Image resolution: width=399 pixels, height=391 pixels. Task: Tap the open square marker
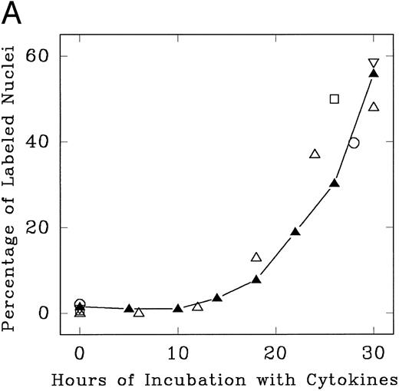[x=335, y=98]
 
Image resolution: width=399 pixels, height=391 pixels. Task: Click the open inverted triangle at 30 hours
[x=374, y=64]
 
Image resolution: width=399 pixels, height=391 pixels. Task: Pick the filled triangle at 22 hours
[x=295, y=231]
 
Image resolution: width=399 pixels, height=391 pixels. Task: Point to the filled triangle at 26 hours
[x=335, y=183]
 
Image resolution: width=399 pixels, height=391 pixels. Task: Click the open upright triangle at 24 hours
[x=315, y=154]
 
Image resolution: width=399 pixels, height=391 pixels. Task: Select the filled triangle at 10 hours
[x=178, y=308]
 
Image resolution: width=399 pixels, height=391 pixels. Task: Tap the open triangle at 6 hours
[x=139, y=312]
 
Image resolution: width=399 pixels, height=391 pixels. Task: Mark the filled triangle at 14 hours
[x=217, y=297]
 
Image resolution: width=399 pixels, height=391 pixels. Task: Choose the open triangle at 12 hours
[x=198, y=306]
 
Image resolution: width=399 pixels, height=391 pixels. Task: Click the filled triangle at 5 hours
[x=129, y=308]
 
